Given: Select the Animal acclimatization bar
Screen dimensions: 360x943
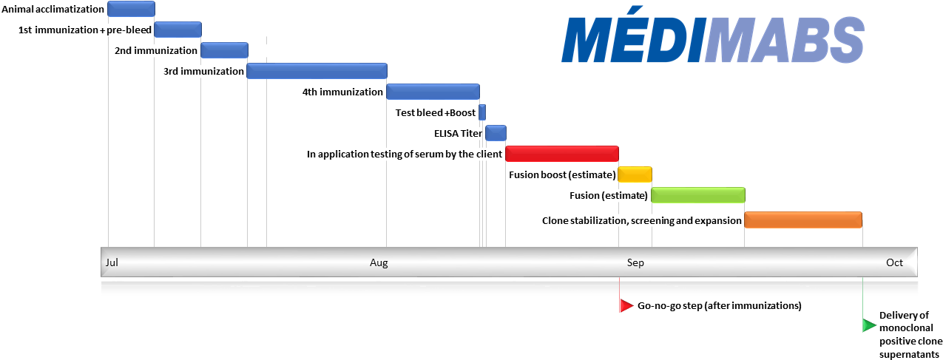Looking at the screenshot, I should coord(131,9).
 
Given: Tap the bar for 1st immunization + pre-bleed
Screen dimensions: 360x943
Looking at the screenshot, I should coord(178,30).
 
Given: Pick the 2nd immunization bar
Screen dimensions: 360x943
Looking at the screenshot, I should coord(224,50).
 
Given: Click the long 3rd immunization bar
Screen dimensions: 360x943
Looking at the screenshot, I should coord(317,71).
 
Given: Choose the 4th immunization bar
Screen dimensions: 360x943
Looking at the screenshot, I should coord(433,92).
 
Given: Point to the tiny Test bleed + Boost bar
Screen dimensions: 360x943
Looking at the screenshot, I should coord(482,112).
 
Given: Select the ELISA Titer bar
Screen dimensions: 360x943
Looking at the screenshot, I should coord(496,133).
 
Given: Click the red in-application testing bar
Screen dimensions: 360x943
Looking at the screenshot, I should coord(561,154).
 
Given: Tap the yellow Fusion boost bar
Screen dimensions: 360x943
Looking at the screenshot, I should coord(635,174).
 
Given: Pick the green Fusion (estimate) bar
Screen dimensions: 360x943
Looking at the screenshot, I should coord(697,195).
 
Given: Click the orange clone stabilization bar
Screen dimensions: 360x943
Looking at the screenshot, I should coord(803,220).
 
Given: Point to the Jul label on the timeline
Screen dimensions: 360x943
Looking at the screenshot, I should coord(112,262).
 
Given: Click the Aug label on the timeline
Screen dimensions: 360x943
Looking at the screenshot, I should coord(378,262).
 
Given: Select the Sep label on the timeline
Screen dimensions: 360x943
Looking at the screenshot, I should coord(635,262).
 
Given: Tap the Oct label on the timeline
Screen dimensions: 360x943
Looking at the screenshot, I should coord(894,262).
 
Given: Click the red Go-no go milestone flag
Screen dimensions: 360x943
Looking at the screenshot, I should coord(626,305).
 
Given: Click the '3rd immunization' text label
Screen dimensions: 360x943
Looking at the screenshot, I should coord(203,72).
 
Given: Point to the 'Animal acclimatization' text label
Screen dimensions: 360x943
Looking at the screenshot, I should coord(53,10).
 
